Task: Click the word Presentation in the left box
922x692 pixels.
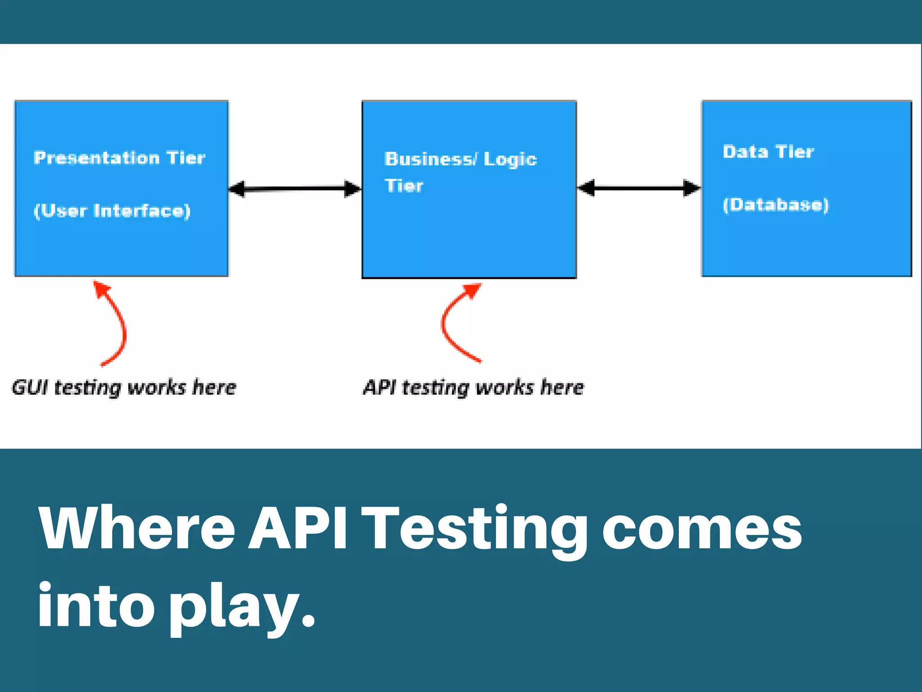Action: click(97, 158)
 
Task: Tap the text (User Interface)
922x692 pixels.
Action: click(112, 211)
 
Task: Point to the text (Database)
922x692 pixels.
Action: click(775, 205)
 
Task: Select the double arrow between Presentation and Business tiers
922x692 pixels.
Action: click(295, 189)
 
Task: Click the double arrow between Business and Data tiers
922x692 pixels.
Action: click(639, 188)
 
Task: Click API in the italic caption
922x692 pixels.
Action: click(380, 387)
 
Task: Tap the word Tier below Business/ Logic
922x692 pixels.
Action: click(404, 186)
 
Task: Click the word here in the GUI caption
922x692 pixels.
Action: click(214, 387)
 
